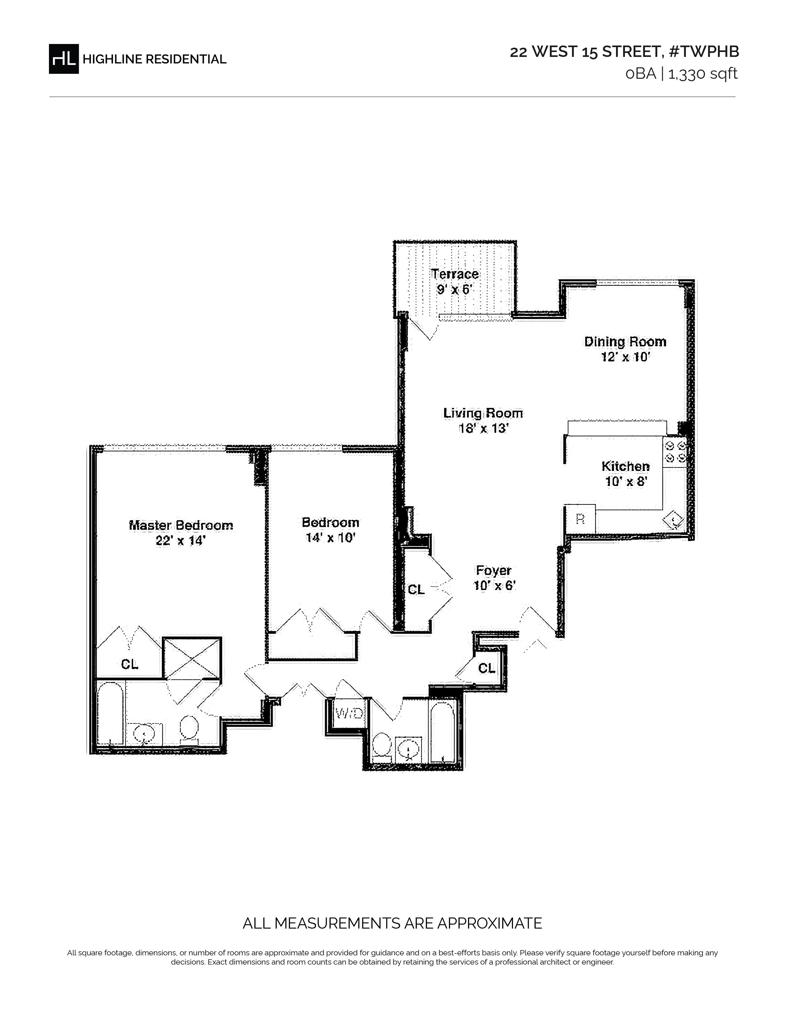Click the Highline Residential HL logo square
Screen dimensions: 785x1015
click(x=64, y=59)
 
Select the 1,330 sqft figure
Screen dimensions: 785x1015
click(x=703, y=74)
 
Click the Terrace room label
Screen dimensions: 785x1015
click(x=455, y=274)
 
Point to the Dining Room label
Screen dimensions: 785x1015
click(x=625, y=342)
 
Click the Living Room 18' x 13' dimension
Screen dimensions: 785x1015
click(x=482, y=428)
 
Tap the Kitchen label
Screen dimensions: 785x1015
click(x=626, y=466)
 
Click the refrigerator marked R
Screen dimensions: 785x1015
click(x=580, y=519)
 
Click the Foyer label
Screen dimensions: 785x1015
click(x=493, y=571)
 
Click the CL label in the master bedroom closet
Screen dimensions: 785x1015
click(x=130, y=665)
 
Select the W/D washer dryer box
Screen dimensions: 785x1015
click(x=349, y=713)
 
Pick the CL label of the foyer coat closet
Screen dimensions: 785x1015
click(x=416, y=590)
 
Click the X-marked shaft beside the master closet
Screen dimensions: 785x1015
click(x=192, y=659)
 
